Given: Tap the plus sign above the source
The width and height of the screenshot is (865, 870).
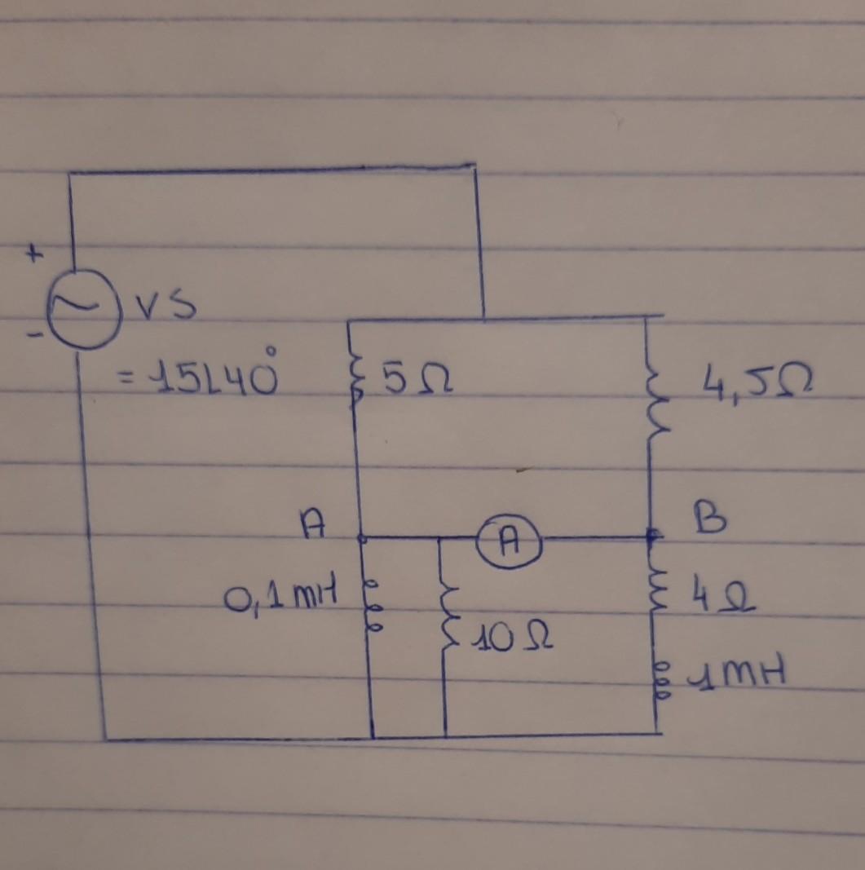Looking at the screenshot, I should (33, 255).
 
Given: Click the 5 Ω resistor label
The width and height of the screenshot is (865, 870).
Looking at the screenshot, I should (417, 382).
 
